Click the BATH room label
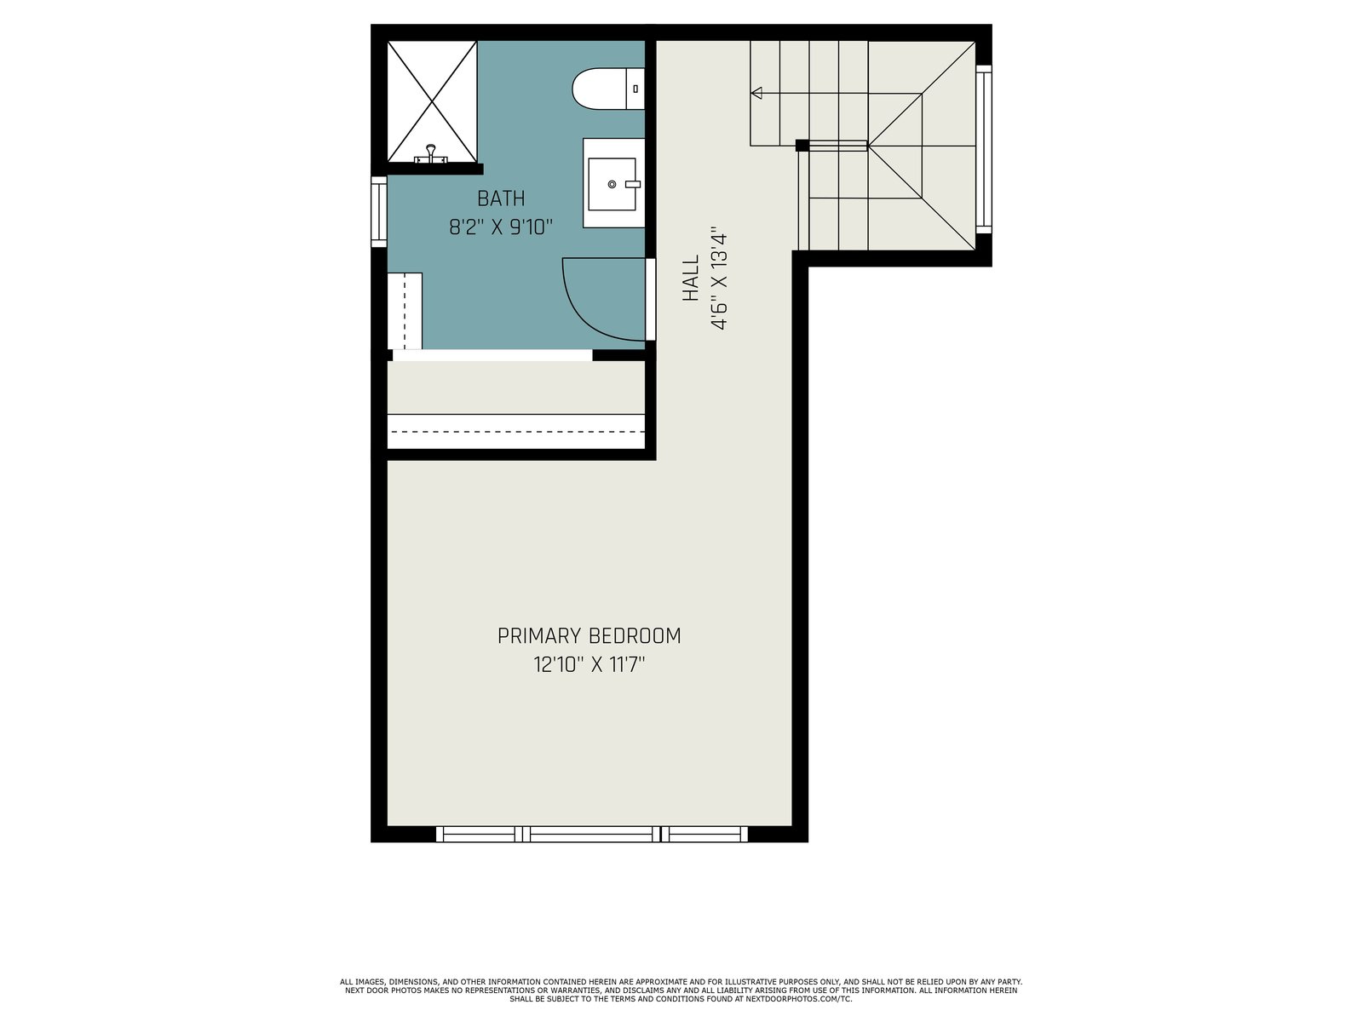point(501,198)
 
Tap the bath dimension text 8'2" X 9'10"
point(501,227)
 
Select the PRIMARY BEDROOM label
point(589,636)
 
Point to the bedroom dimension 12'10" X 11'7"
point(589,665)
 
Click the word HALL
point(691,278)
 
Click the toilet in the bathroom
point(608,89)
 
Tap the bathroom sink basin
point(612,184)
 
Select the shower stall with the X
point(432,101)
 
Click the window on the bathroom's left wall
point(379,211)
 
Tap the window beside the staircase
point(984,149)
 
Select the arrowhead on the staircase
point(756,93)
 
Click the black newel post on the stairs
point(802,145)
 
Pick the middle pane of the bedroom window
point(591,834)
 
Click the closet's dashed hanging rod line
point(516,431)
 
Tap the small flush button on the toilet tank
point(635,89)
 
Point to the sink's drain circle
point(612,184)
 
